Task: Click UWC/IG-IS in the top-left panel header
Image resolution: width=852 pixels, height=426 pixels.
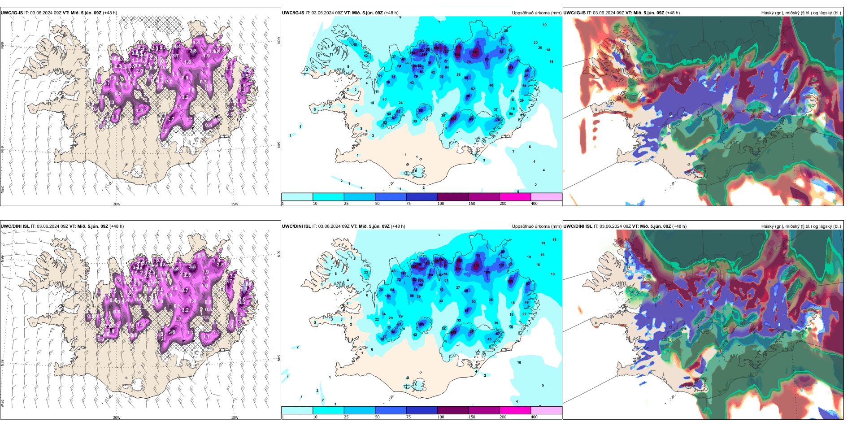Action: (12, 13)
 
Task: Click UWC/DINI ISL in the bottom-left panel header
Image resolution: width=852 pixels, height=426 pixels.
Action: (15, 226)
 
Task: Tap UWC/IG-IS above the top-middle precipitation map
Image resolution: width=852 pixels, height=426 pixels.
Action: (293, 13)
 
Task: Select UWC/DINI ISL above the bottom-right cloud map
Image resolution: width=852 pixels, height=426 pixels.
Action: (578, 226)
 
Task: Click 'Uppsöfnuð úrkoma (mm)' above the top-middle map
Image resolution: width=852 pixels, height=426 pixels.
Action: (536, 13)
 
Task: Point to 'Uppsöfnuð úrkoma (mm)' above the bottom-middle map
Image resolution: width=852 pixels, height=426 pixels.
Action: (536, 226)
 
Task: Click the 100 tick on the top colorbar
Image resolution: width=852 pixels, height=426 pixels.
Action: (441, 204)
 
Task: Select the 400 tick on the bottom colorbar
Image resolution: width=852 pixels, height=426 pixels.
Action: (534, 417)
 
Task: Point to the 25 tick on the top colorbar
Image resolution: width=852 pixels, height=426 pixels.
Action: (346, 204)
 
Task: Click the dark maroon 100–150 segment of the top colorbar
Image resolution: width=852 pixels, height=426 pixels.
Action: (453, 197)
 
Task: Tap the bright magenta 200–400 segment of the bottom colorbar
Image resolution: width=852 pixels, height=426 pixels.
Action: (515, 410)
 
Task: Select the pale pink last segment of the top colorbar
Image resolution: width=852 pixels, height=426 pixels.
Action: (546, 197)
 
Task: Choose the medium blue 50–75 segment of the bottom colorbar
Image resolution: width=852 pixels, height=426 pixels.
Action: (391, 410)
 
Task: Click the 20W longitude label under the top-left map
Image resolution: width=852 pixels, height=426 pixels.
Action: (117, 204)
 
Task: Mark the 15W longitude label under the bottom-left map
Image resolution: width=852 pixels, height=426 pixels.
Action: (235, 417)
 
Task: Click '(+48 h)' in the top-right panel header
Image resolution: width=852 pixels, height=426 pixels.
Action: (673, 13)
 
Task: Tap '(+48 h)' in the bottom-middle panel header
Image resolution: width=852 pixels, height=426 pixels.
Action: (398, 226)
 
